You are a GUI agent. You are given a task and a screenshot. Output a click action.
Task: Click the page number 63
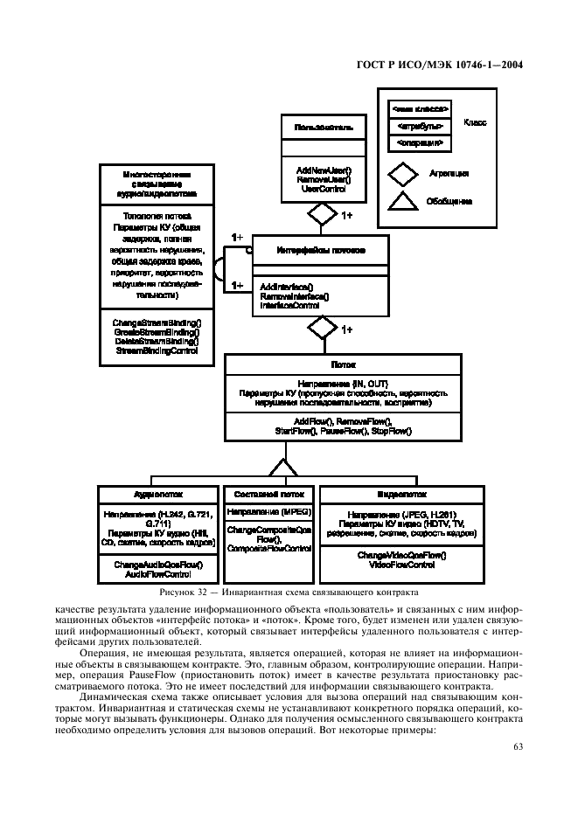coord(516,745)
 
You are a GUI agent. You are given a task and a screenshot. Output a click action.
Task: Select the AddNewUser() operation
coord(324,170)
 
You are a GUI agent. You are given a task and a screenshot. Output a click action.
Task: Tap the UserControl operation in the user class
coord(324,188)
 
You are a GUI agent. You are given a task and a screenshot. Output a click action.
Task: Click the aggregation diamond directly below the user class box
coord(322,213)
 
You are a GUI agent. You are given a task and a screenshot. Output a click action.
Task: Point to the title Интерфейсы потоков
coord(321,250)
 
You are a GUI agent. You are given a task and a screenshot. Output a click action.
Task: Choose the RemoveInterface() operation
coord(295,296)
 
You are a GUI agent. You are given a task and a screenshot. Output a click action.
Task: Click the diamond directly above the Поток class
coord(322,329)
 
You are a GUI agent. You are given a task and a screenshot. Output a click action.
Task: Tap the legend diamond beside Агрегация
coord(403,173)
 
